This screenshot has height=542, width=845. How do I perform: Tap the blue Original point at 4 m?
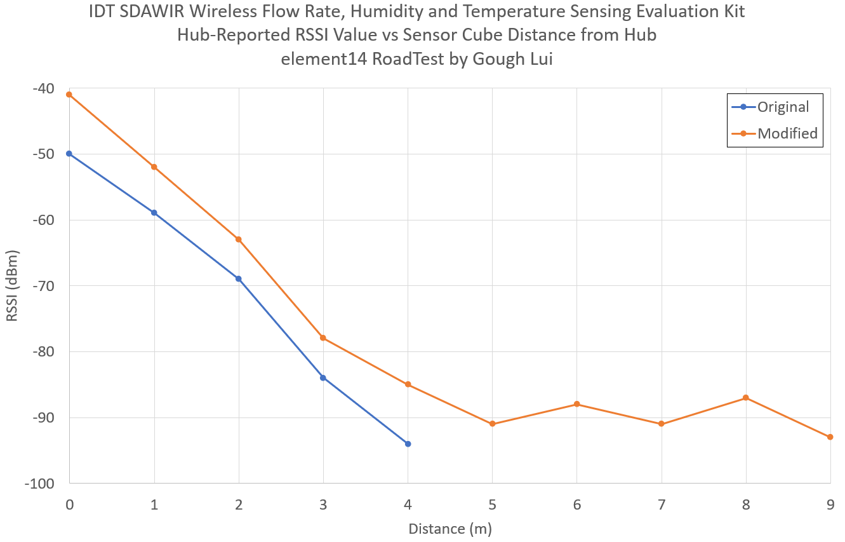tap(408, 444)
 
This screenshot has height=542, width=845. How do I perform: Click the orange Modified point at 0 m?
tap(69, 95)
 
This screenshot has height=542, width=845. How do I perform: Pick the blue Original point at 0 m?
tap(69, 154)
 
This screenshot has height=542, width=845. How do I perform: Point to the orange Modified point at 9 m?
tap(830, 437)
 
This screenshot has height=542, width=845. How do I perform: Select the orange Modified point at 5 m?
tap(492, 424)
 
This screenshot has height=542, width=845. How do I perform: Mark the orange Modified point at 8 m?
tap(745, 398)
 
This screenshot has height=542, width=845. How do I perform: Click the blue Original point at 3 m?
tap(323, 377)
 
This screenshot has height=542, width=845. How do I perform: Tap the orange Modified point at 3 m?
tap(323, 338)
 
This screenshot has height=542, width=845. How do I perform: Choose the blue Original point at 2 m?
tap(239, 279)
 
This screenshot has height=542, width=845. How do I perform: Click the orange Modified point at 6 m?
tap(576, 404)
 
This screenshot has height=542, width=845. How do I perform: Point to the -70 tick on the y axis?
tap(45, 286)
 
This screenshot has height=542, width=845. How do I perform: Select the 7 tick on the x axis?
tap(661, 505)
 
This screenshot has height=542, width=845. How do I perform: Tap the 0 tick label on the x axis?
tap(69, 505)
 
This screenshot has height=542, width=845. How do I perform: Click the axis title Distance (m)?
tap(449, 529)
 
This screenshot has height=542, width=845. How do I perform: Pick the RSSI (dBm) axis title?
tap(13, 286)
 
